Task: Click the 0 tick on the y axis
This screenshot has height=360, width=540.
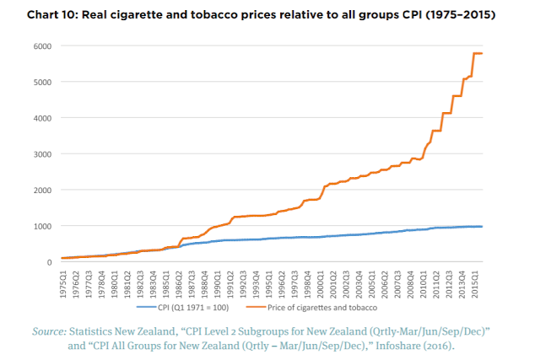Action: [49, 262]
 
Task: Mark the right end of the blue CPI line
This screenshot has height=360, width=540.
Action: [482, 226]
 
